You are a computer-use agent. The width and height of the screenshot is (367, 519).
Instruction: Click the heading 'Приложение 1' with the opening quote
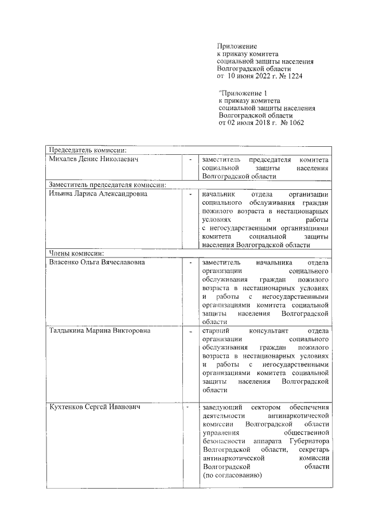pos(243,92)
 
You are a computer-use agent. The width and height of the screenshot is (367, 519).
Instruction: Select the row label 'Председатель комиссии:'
pos(87,150)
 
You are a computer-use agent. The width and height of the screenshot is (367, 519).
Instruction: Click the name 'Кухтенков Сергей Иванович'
pos(93,407)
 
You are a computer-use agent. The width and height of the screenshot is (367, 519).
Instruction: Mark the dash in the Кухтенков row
pos(188,407)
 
